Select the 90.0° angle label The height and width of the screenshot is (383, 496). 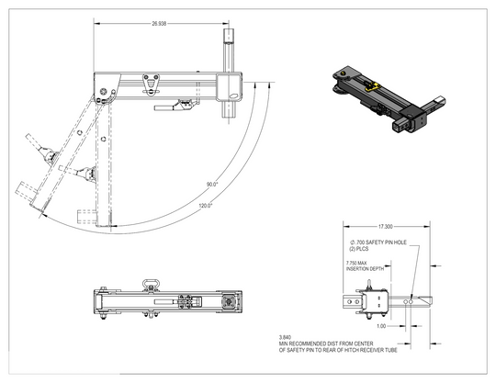(x=213, y=185)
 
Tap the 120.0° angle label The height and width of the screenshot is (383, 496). (x=206, y=206)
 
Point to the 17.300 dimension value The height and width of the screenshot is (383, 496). (x=383, y=226)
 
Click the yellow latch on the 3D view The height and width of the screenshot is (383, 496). (x=373, y=87)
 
